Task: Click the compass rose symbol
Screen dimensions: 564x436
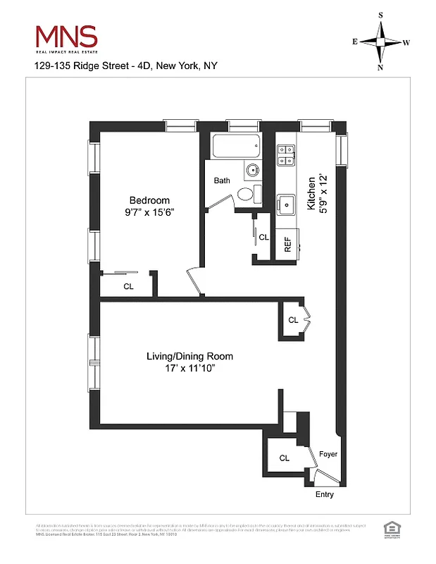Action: [x=381, y=42]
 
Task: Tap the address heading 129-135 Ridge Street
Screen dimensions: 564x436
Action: [x=126, y=66]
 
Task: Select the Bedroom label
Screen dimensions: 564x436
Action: [x=149, y=200]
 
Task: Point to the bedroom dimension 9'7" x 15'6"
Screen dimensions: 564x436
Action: [x=149, y=212]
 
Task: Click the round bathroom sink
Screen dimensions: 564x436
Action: [x=252, y=169]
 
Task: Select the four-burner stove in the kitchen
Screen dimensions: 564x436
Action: [x=286, y=154]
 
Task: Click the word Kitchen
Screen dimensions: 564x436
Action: [x=311, y=193]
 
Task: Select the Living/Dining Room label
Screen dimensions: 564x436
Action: [x=189, y=356]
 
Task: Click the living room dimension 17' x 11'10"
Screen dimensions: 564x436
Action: [x=189, y=368]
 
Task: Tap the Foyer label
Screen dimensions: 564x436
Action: [x=328, y=454]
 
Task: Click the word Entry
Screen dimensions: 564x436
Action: [x=324, y=494]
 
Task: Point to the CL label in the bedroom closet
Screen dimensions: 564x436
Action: [x=128, y=286]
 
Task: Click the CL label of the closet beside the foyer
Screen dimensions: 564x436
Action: [x=284, y=458]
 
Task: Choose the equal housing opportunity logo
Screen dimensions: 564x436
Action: [x=388, y=528]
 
